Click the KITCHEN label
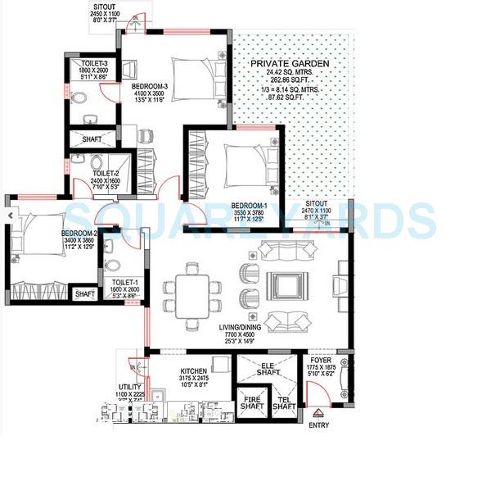point(195,370)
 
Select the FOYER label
point(321,358)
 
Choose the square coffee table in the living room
point(287,288)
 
